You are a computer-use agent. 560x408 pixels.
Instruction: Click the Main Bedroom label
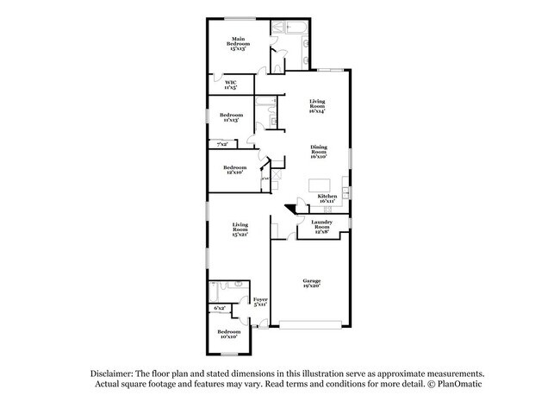pos(238,45)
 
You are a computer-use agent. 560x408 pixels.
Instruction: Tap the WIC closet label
pos(231,85)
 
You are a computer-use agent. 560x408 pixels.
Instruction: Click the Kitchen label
pos(327,198)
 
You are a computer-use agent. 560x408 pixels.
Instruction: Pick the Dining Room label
pos(319,152)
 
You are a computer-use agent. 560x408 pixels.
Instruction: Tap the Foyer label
pos(259,302)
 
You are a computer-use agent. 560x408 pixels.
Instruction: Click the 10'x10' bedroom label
pos(228,334)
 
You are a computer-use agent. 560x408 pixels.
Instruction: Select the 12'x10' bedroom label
pos(234,170)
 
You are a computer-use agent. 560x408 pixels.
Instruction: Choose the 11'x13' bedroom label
pos(228,117)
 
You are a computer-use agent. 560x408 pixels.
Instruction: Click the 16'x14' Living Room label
pos(318,107)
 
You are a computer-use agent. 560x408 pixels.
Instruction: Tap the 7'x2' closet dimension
pos(222,145)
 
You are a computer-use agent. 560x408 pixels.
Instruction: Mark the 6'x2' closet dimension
pos(220,308)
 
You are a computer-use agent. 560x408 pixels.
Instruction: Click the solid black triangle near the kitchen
pos(290,208)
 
